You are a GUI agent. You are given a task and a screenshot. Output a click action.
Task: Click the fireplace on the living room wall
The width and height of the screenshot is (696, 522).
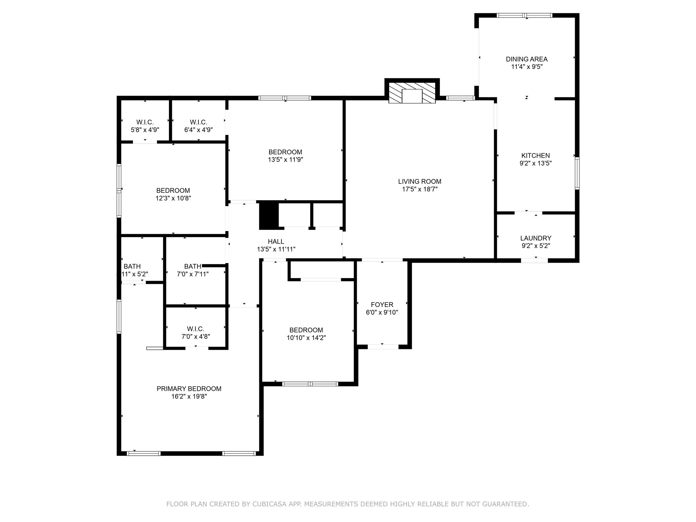(x=412, y=92)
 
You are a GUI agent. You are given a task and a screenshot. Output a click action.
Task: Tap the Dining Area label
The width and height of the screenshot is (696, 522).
(x=526, y=59)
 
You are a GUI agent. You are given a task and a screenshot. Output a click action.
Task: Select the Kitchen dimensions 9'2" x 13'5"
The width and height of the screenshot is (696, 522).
(x=536, y=163)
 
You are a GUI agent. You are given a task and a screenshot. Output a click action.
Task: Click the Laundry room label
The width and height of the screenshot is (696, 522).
(x=536, y=238)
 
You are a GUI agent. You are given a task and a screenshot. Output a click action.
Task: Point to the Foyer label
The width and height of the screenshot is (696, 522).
(x=382, y=305)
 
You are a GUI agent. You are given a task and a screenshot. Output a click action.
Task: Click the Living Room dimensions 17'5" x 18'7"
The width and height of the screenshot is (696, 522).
(x=420, y=189)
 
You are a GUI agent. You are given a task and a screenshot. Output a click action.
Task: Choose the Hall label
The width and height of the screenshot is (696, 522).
(x=276, y=242)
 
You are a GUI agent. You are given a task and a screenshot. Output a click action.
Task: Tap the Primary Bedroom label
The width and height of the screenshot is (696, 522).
(x=189, y=389)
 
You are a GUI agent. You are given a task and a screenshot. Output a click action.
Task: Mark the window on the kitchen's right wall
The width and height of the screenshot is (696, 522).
(x=577, y=173)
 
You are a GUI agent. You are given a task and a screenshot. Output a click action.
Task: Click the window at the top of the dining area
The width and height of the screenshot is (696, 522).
(x=524, y=15)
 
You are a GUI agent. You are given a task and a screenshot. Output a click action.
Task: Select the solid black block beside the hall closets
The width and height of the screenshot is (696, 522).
(x=269, y=216)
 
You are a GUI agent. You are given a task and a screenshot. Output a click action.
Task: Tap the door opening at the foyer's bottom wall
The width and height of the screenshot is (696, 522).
(x=383, y=347)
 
